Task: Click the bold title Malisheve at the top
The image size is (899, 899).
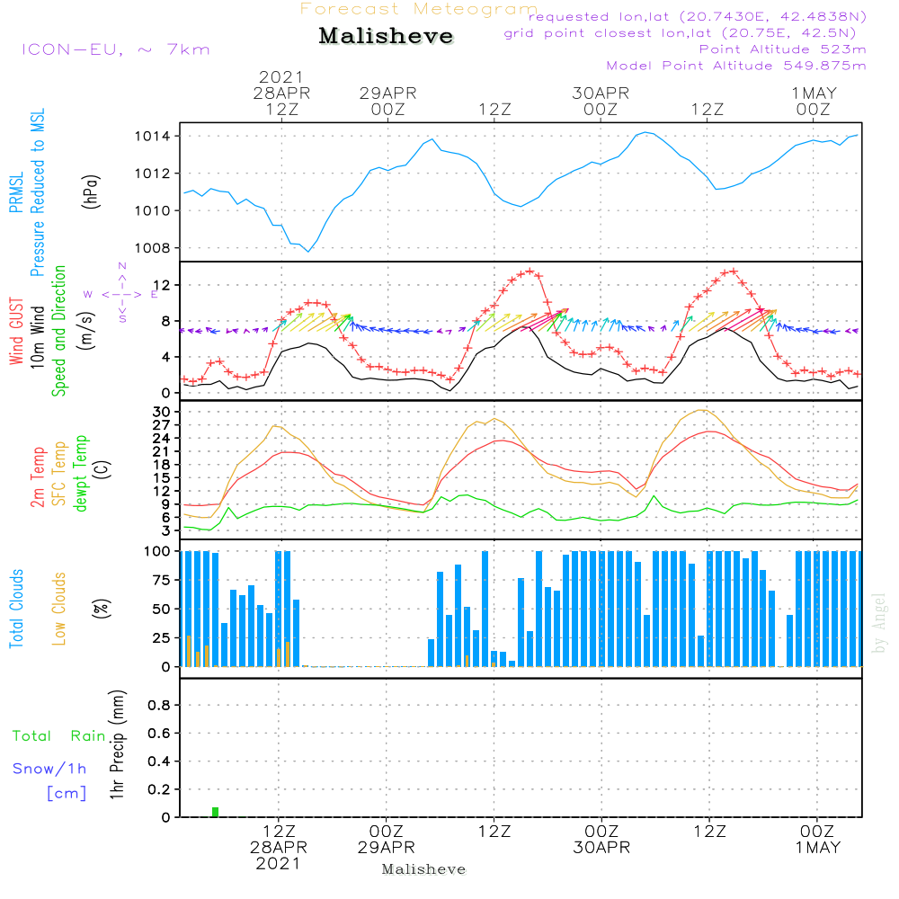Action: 386,37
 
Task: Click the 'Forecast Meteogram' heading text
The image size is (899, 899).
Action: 419,9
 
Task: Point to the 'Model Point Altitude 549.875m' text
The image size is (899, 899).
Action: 735,66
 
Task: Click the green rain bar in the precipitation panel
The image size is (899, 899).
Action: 215,812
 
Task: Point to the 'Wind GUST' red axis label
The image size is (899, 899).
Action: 16,334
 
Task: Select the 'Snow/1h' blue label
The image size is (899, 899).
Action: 49,769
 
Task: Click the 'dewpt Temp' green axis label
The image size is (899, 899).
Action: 81,474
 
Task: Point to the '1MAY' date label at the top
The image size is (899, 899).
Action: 814,93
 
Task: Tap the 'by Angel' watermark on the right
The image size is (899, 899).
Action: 880,623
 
